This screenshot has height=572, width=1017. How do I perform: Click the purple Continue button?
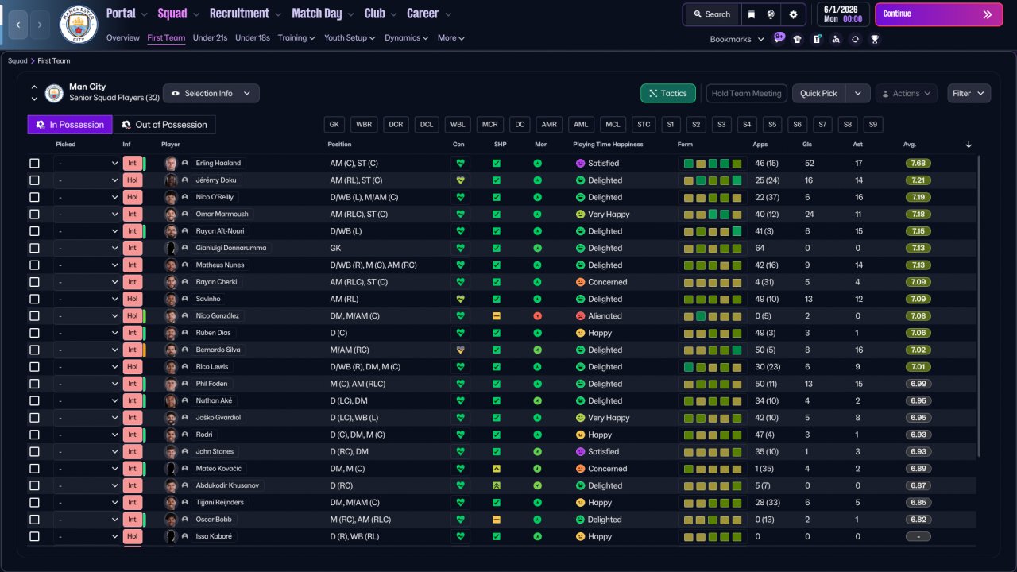pyautogui.click(x=938, y=14)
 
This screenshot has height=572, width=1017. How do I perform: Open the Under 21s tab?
pyautogui.click(x=210, y=37)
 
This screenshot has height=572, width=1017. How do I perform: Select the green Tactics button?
pyautogui.click(x=668, y=93)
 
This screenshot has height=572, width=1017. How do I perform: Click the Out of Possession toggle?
pyautogui.click(x=164, y=125)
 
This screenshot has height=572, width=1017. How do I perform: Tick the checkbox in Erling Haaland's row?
pyautogui.click(x=34, y=163)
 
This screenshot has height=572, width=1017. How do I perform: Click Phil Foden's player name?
pyautogui.click(x=211, y=384)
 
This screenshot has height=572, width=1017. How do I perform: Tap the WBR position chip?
pyautogui.click(x=364, y=125)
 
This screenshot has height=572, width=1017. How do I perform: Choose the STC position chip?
pyautogui.click(x=644, y=125)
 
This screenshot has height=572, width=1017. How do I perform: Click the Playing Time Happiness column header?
pyautogui.click(x=608, y=145)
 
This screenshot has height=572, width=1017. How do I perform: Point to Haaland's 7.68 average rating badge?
pyautogui.click(x=918, y=163)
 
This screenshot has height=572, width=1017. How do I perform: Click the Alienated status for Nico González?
pyautogui.click(x=605, y=316)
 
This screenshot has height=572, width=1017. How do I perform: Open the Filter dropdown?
pyautogui.click(x=969, y=93)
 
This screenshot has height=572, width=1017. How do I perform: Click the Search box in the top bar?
pyautogui.click(x=711, y=14)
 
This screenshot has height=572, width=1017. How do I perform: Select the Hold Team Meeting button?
pyautogui.click(x=746, y=93)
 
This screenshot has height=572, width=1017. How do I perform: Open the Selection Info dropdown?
pyautogui.click(x=211, y=93)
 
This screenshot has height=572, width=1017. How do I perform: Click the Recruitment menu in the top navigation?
pyautogui.click(x=239, y=14)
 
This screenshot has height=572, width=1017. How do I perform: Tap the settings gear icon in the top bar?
pyautogui.click(x=793, y=14)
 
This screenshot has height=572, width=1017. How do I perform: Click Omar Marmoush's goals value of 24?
pyautogui.click(x=810, y=214)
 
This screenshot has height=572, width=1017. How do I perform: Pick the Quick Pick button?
pyautogui.click(x=818, y=93)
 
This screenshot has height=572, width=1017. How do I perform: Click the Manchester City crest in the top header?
pyautogui.click(x=79, y=25)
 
